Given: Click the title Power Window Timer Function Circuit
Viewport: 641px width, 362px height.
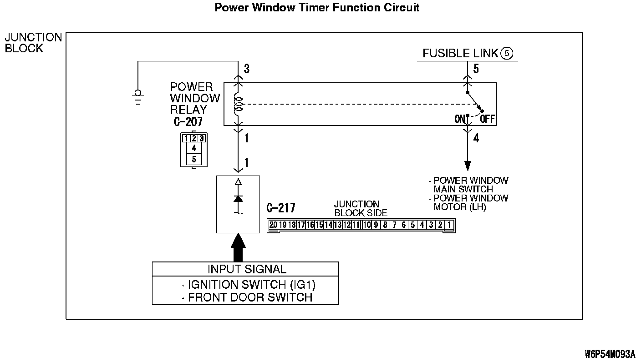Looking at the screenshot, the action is click(317, 8).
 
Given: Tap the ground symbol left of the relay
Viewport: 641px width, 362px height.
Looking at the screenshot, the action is click(138, 97).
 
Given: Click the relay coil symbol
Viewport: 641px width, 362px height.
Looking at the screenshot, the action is click(238, 105).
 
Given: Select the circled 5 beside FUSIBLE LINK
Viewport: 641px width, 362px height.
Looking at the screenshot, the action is click(507, 54).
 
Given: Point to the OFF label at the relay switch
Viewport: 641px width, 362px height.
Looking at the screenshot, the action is click(487, 119).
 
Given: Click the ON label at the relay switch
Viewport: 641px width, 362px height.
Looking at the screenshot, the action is click(460, 119).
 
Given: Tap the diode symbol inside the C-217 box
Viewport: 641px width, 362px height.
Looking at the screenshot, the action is click(238, 198).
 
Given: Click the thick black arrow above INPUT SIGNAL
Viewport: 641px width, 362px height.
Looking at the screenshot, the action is click(238, 247).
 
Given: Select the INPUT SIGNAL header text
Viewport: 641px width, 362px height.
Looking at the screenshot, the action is click(247, 269).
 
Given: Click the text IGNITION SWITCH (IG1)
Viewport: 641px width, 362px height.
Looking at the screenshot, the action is click(252, 285).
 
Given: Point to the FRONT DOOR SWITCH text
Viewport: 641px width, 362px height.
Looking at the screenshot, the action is click(250, 298).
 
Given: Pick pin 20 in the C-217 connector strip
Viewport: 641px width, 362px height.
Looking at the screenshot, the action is click(273, 225).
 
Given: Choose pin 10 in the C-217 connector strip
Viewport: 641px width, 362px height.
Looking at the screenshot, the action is click(367, 225).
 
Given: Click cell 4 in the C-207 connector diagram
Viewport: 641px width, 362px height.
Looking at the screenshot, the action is click(194, 148).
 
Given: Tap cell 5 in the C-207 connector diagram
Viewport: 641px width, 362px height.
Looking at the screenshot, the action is click(194, 159).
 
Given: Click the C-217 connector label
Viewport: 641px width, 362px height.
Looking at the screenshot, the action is click(281, 208).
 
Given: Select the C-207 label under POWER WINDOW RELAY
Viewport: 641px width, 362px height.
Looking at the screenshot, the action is click(188, 122).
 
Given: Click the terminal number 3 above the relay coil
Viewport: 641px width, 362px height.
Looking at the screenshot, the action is click(247, 69).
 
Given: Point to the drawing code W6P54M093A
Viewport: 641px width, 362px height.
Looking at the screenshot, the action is click(610, 354).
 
